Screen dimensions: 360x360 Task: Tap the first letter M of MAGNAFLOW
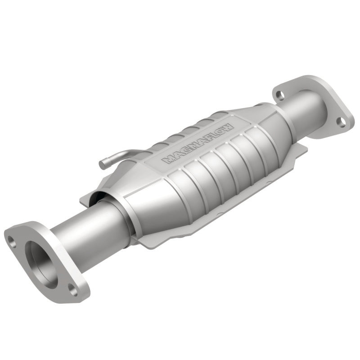click(167, 161)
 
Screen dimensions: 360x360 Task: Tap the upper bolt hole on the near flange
click(13, 243)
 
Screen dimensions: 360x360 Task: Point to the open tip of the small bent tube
click(102, 162)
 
